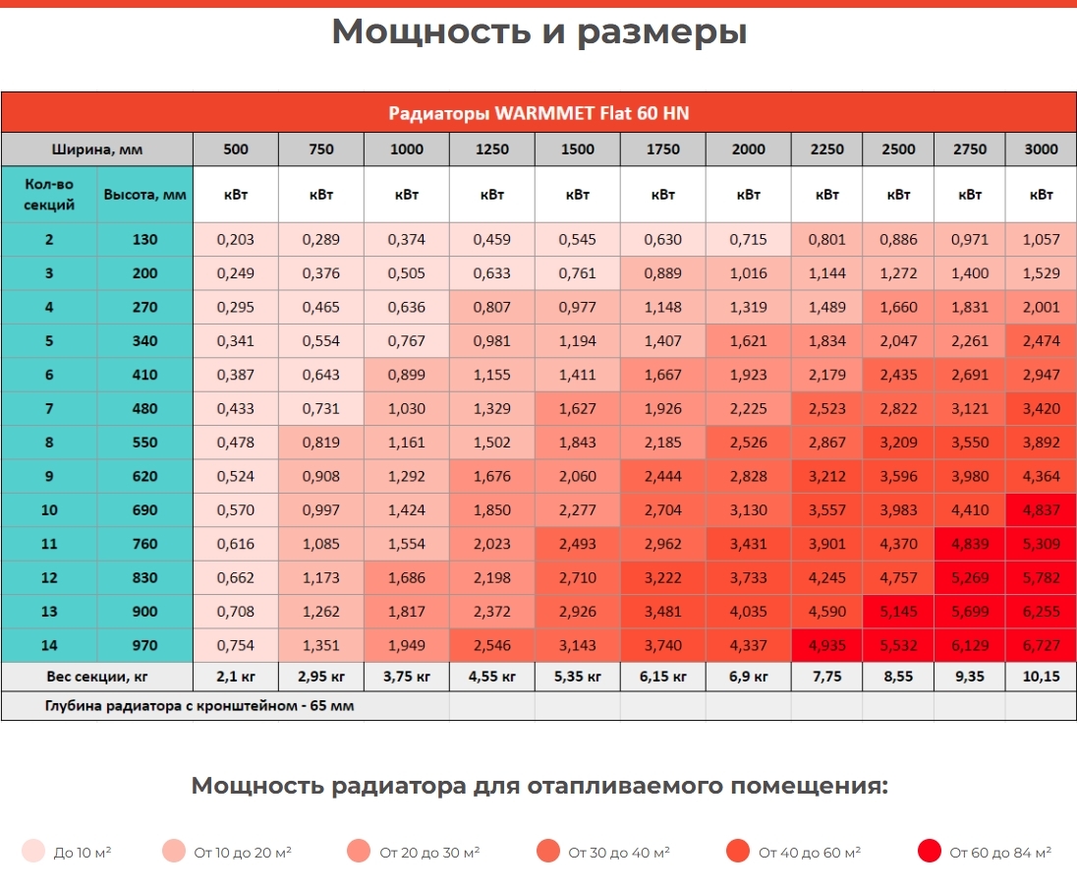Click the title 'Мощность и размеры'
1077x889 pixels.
click(x=539, y=32)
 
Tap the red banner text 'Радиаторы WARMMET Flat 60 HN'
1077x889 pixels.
click(x=538, y=113)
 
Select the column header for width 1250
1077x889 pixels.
click(x=491, y=149)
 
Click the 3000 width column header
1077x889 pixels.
click(x=1041, y=149)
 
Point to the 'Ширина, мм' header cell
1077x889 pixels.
click(x=97, y=149)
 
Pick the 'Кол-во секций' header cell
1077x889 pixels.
click(x=49, y=195)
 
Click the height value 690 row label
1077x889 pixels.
click(x=144, y=510)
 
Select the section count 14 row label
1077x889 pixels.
click(x=49, y=646)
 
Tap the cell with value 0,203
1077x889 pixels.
click(x=236, y=239)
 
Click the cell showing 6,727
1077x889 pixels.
click(x=1041, y=646)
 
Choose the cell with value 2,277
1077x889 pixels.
click(x=577, y=510)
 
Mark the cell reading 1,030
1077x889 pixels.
click(x=407, y=408)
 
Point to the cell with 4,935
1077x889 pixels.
click(x=827, y=646)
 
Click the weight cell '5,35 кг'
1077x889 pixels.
click(x=577, y=677)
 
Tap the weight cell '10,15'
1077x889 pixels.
click(x=1041, y=677)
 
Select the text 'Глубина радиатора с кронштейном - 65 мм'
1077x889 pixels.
click(x=199, y=706)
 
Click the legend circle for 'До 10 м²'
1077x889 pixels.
click(x=33, y=851)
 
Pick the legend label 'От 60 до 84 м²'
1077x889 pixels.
click(x=1000, y=853)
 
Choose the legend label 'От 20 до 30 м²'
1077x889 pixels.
click(x=429, y=853)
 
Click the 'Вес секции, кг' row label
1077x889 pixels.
click(x=97, y=677)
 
